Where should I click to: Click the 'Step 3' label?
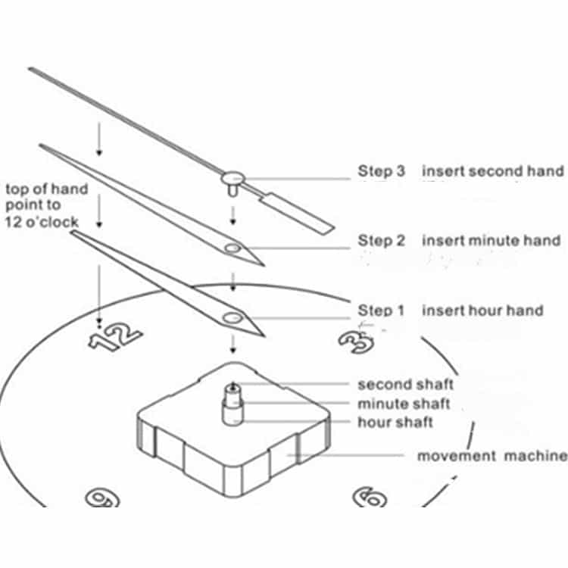(x=381, y=171)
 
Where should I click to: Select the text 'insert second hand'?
(x=493, y=171)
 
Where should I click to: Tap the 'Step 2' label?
(x=381, y=241)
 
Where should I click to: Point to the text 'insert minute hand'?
(x=492, y=241)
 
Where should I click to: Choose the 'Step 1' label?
(x=381, y=311)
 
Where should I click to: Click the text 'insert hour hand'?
(x=483, y=311)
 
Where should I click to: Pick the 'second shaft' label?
(x=406, y=384)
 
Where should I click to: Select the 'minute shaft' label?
(x=404, y=404)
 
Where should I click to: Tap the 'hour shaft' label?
(x=395, y=423)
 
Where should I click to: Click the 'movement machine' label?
(x=492, y=456)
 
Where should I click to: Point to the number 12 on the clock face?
(x=115, y=337)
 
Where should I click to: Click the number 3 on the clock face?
(x=356, y=342)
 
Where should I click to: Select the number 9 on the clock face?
(x=102, y=498)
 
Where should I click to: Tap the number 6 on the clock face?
(x=370, y=497)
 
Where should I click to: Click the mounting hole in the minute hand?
(x=233, y=248)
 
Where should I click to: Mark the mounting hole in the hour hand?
(x=233, y=318)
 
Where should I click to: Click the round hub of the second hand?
(x=233, y=178)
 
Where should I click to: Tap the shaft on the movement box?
(x=233, y=404)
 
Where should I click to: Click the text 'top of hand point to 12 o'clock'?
(x=47, y=205)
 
